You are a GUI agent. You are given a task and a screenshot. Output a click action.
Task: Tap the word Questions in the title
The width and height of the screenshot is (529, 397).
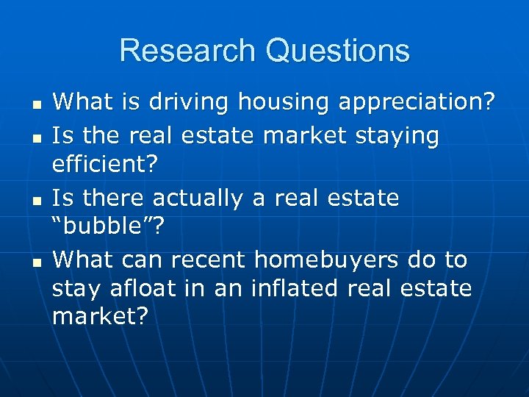(339, 51)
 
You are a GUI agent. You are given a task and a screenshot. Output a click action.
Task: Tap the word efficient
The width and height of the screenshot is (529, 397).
(104, 164)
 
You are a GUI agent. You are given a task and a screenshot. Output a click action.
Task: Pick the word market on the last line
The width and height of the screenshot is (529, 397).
(100, 318)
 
